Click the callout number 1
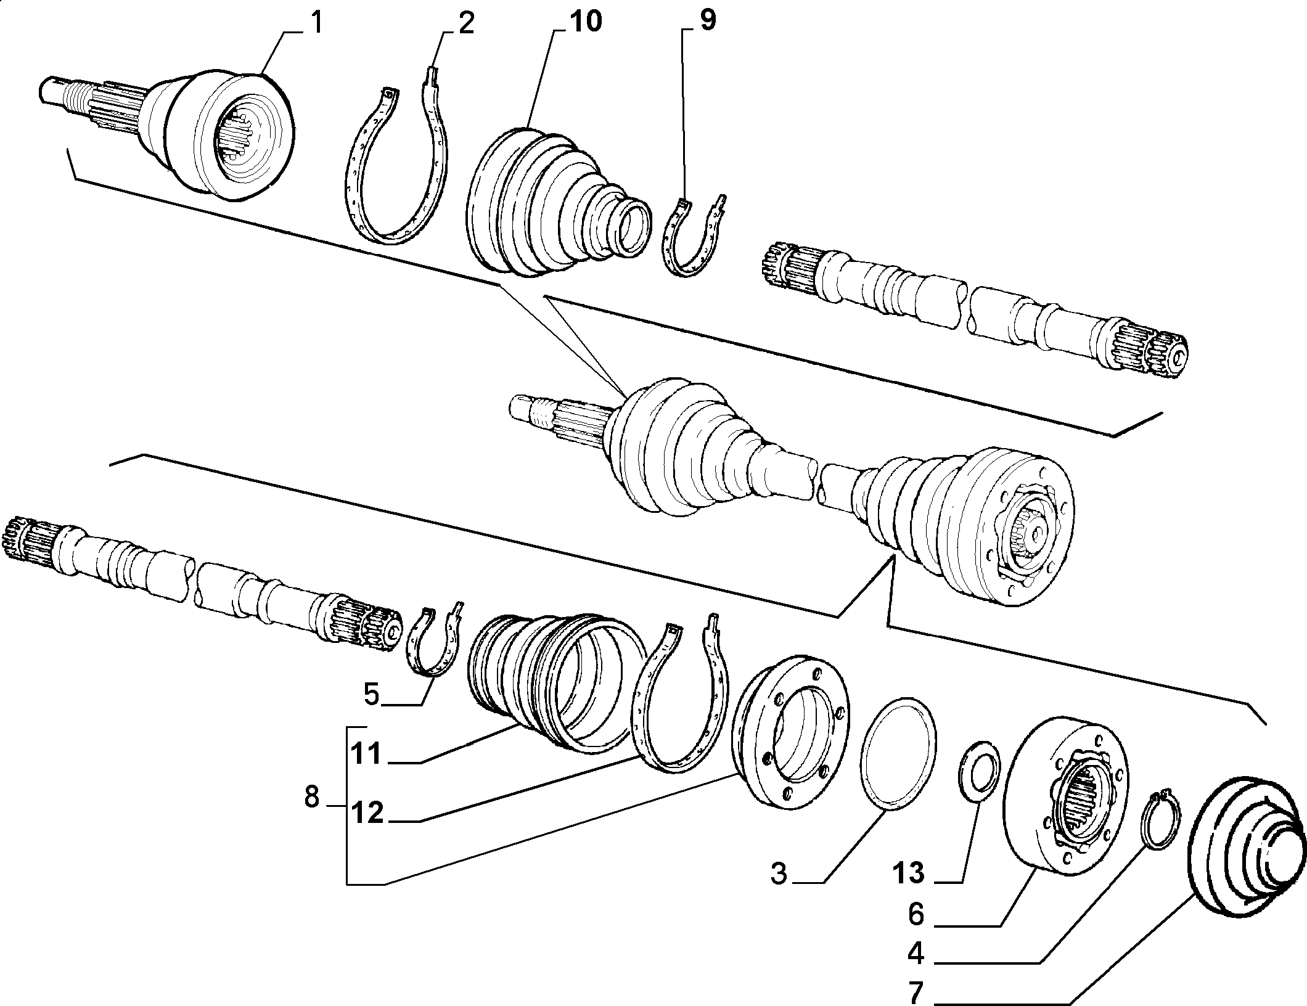[316, 23]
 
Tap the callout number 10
[584, 22]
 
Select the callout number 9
[708, 22]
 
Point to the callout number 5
[371, 695]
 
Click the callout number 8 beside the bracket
[312, 799]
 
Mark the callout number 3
[779, 874]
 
